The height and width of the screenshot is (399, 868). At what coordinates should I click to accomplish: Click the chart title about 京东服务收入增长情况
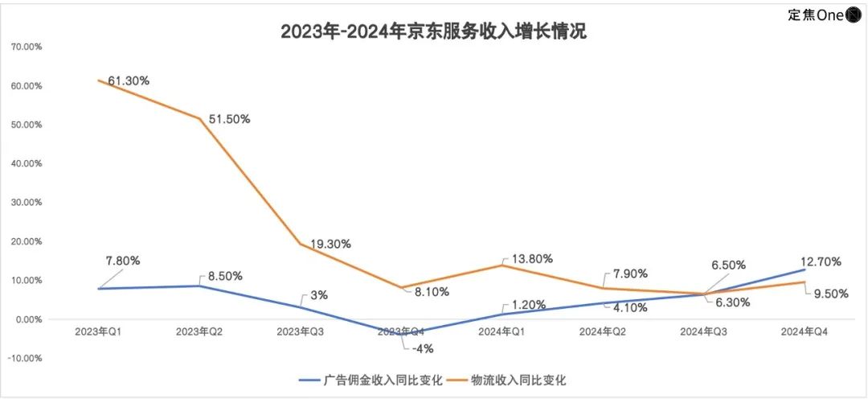coord(433,31)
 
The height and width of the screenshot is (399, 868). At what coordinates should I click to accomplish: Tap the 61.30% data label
coord(129,80)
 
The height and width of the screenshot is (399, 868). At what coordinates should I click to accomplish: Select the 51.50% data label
coord(230,119)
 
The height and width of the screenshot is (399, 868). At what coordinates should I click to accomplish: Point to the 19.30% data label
coord(330,243)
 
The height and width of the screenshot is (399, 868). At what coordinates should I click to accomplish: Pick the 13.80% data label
coord(532,259)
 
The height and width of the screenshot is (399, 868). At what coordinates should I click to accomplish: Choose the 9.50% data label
coord(828,294)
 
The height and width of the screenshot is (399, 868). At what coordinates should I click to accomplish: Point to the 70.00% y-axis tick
coord(26,47)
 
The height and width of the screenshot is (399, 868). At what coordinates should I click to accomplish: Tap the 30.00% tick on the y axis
coord(26,203)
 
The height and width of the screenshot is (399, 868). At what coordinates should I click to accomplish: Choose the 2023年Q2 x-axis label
coord(199,331)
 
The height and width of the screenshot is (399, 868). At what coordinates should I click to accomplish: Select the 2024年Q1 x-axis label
coord(502,331)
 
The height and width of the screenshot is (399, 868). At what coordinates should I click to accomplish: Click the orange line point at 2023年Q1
coord(97,80)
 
